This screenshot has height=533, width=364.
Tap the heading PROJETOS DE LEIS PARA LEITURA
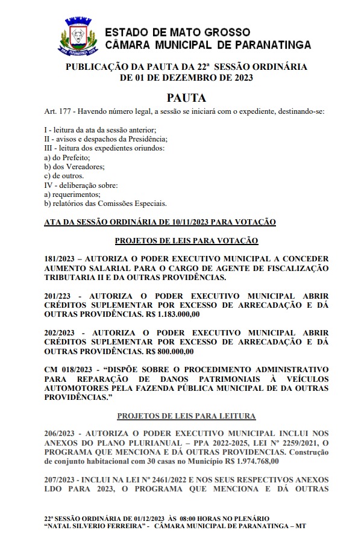coord(186,416)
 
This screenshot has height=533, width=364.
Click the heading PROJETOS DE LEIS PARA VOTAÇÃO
coord(186,240)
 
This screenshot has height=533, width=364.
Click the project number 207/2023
coord(62,479)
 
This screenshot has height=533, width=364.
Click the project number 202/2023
coord(62,332)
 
